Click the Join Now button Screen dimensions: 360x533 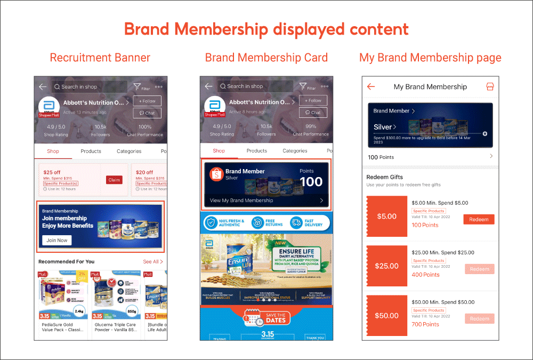click(x=57, y=241)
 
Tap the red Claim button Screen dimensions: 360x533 click(x=114, y=180)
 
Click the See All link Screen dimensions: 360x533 click(x=152, y=262)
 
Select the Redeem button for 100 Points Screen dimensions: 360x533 click(x=479, y=219)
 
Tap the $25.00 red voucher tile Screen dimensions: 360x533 click(x=387, y=266)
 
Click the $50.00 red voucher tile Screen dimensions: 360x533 click(x=387, y=315)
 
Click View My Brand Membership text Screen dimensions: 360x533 click(x=241, y=201)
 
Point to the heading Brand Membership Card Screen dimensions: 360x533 click(x=266, y=58)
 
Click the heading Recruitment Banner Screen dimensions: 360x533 click(x=100, y=58)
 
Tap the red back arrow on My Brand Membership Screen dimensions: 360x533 click(x=371, y=87)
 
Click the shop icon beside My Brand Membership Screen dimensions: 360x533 click(x=490, y=86)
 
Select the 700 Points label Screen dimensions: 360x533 click(x=425, y=324)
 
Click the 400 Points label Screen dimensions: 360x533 click(x=425, y=275)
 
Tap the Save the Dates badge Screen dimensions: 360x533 click(x=266, y=318)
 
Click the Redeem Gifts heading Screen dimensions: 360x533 click(x=385, y=177)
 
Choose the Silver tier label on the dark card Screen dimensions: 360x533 click(x=384, y=127)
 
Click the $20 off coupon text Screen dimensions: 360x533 click(x=144, y=172)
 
